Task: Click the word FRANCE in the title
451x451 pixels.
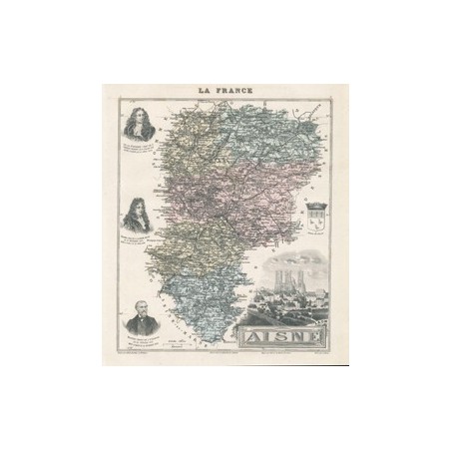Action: (235, 91)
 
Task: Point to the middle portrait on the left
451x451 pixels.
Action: (134, 213)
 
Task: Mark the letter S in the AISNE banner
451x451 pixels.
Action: (276, 334)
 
